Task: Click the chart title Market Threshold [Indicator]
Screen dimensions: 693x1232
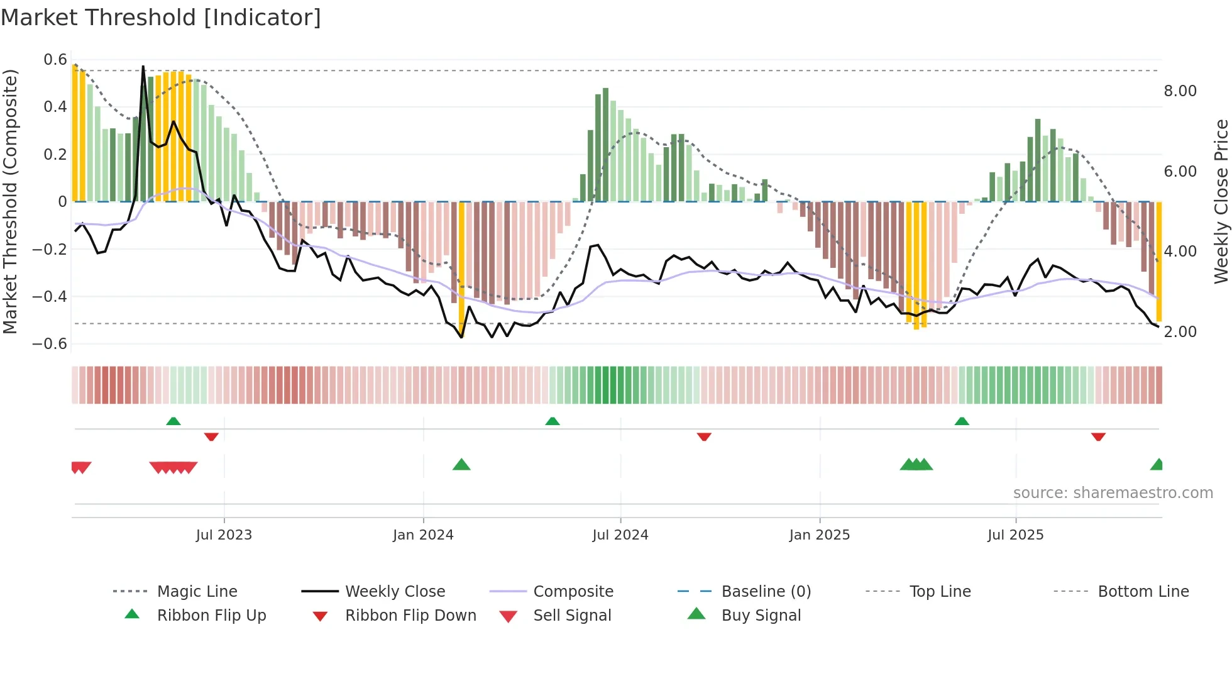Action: click(x=161, y=18)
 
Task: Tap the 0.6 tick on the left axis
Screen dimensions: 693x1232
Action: click(x=55, y=60)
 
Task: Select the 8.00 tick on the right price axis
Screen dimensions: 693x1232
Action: click(x=1180, y=91)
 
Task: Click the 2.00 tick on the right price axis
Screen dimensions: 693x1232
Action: click(x=1180, y=332)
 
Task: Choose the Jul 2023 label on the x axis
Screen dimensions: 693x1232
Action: click(x=224, y=535)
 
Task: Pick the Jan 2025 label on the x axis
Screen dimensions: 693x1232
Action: click(x=819, y=535)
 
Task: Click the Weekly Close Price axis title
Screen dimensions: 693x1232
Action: click(x=1221, y=201)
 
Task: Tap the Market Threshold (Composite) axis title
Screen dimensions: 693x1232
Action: click(x=10, y=201)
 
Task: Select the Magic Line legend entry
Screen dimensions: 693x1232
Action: click(x=197, y=592)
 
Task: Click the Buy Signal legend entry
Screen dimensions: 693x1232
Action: click(x=761, y=616)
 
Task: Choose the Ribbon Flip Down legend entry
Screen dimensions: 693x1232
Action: click(x=410, y=616)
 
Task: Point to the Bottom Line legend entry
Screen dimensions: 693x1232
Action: click(x=1143, y=592)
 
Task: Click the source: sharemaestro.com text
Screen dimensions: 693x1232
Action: click(x=1113, y=493)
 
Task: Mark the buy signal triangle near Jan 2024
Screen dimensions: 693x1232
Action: click(x=461, y=465)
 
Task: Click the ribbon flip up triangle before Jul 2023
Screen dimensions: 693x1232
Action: click(x=173, y=421)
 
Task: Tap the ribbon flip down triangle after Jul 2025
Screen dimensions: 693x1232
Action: click(x=1098, y=436)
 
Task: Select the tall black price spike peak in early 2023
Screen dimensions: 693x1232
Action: click(x=143, y=67)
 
